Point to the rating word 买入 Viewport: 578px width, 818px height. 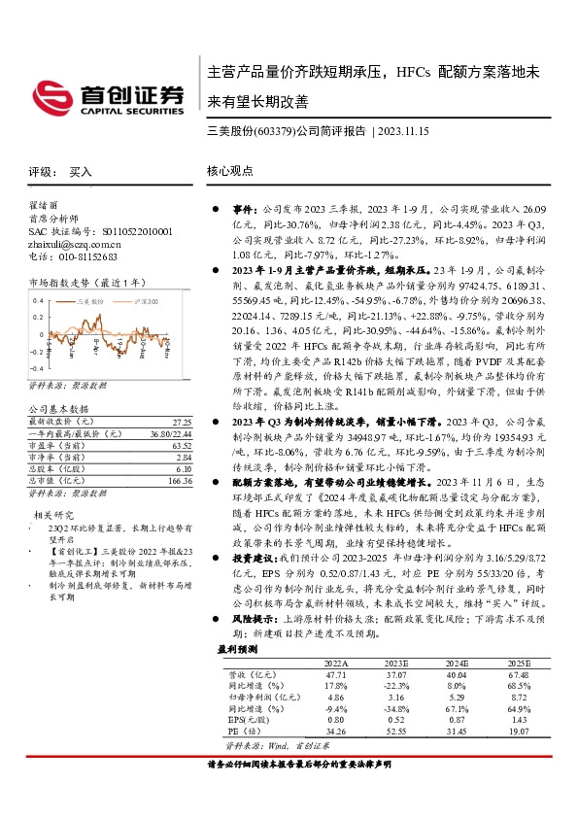[x=81, y=171]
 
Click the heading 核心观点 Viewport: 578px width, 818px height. [x=229, y=171]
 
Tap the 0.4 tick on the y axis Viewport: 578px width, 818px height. [x=38, y=301]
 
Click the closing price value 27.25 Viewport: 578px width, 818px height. [x=181, y=423]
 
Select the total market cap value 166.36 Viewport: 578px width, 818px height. [x=178, y=480]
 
